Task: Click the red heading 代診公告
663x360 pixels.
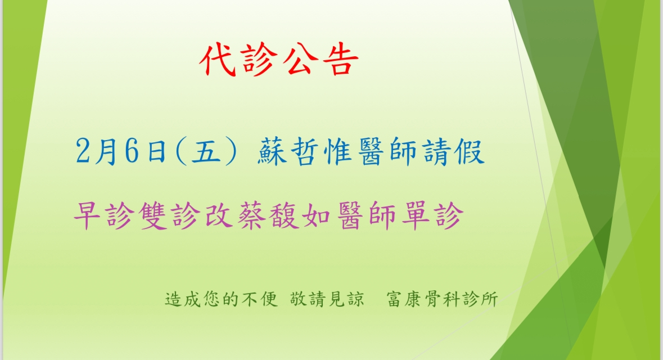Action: [x=279, y=60]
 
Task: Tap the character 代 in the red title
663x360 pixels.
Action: [x=218, y=60]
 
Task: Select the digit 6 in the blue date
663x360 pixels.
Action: [x=132, y=151]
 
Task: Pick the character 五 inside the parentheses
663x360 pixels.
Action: [x=206, y=151]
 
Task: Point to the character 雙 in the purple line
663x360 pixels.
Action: [x=153, y=216]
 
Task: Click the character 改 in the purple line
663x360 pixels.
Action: [x=219, y=216]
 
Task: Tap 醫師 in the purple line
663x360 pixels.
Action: [x=367, y=216]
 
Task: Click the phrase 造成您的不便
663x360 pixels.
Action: [x=221, y=299]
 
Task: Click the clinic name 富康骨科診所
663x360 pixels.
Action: [x=443, y=299]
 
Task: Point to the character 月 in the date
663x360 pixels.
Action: [x=106, y=151]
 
